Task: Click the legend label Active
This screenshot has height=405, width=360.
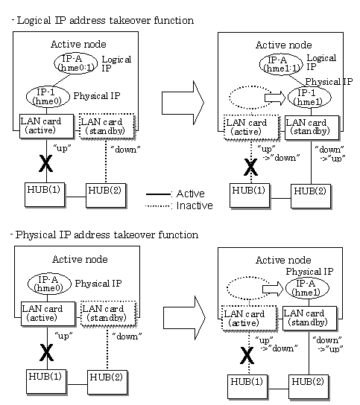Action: point(191,194)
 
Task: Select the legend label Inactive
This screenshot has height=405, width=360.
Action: point(195,205)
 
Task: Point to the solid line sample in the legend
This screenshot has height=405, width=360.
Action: point(158,194)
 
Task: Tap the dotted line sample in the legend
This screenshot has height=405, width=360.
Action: point(158,206)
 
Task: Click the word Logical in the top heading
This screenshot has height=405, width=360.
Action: point(34,21)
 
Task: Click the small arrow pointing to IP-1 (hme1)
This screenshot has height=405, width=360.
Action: point(274,98)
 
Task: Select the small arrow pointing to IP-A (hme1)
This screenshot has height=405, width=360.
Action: point(273,289)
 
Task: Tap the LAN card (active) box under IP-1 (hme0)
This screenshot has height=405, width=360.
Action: point(47,127)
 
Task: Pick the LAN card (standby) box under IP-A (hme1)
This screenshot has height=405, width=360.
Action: point(310,319)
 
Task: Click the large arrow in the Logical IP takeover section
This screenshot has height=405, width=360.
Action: point(183,103)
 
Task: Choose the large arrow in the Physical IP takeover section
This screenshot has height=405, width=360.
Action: point(184,318)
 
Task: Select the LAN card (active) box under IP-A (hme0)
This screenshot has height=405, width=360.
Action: point(48,314)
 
